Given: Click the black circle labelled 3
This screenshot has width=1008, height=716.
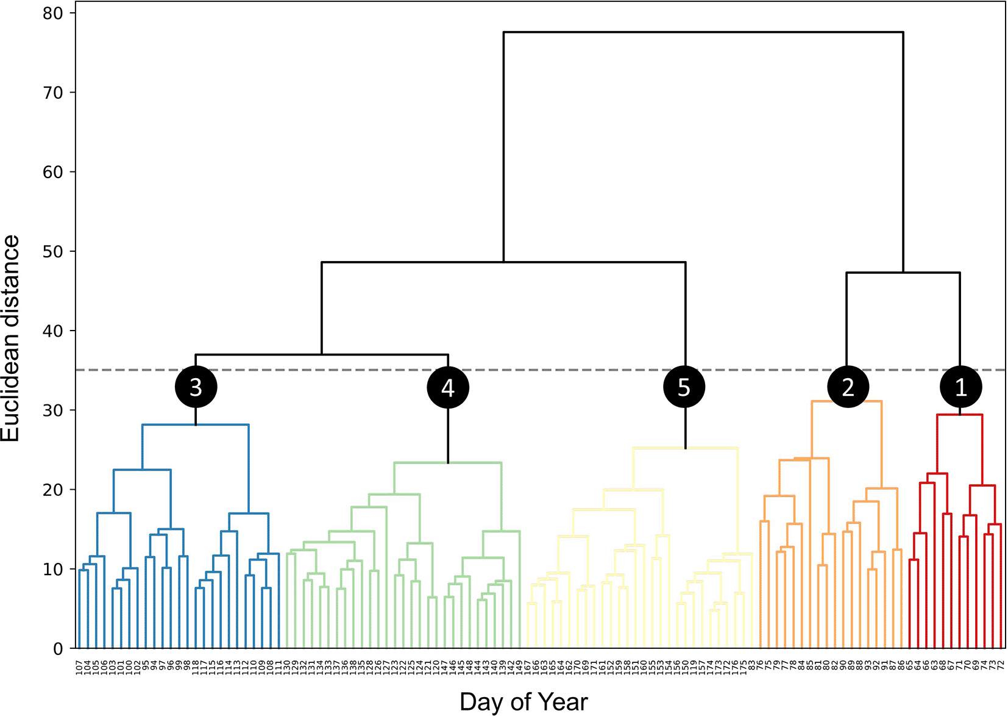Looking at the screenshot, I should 196,387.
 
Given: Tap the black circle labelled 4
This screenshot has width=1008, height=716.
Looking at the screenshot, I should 448,387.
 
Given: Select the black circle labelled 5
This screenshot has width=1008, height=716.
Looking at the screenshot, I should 684,387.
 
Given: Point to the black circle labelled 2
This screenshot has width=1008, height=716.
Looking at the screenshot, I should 848,387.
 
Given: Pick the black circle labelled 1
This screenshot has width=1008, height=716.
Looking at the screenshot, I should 960,387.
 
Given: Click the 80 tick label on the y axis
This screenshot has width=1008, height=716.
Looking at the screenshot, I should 52,13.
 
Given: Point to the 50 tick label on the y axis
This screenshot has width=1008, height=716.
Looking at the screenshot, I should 52,252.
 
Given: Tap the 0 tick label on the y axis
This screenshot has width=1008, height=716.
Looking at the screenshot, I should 58,649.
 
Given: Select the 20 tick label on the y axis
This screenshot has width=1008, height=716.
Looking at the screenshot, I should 52,490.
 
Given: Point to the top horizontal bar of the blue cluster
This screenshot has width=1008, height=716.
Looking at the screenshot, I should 196,424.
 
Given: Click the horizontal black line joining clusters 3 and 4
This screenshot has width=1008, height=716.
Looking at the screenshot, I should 322,354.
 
